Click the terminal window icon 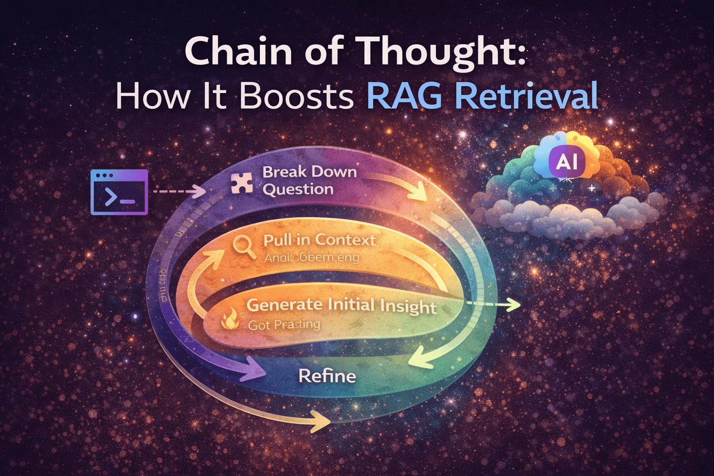[x=119, y=192]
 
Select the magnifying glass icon [x=244, y=247]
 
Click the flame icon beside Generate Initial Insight [x=230, y=320]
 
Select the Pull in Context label [x=319, y=240]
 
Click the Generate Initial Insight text [x=341, y=305]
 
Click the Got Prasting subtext [x=284, y=325]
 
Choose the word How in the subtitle [x=153, y=96]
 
